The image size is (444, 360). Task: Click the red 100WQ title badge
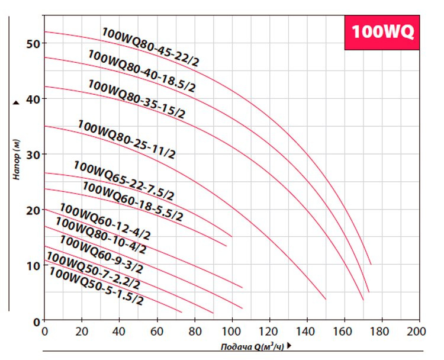coord(382,31)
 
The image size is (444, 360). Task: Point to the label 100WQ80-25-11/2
coord(126,140)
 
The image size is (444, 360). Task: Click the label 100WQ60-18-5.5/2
coord(133,202)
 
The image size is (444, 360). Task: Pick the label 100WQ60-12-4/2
coord(105,221)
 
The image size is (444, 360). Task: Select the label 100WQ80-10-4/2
coord(101,235)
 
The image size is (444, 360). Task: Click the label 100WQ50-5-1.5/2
coord(96,286)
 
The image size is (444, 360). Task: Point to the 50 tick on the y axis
coord(33,44)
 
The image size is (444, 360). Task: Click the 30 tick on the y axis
coord(33,155)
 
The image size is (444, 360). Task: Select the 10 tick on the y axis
coord(33,266)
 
